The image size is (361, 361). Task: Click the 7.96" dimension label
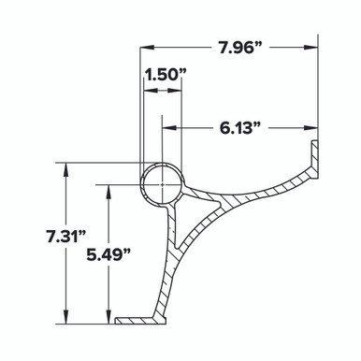tap(239, 48)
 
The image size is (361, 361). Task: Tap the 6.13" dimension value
tap(239, 128)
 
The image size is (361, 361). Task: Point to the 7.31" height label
tap(65, 238)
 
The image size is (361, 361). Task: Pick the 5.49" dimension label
tap(108, 256)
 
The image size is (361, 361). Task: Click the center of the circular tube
tap(162, 184)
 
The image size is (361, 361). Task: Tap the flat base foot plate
tap(140, 321)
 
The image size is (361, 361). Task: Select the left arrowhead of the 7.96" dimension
tap(147, 48)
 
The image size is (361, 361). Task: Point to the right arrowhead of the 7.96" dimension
tap(311, 48)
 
